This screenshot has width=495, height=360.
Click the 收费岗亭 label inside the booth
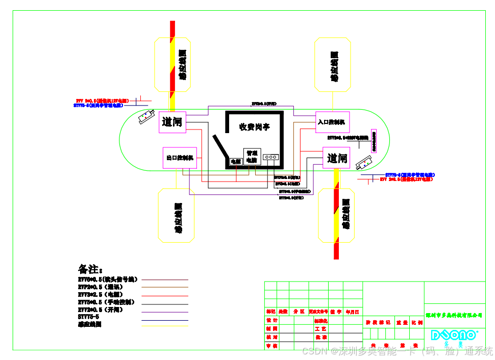pyautogui.click(x=255, y=127)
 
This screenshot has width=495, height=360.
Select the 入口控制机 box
pyautogui.click(x=332, y=122)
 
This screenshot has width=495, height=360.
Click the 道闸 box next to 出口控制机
pyautogui.click(x=172, y=122)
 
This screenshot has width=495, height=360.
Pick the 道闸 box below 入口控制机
pyautogui.click(x=337, y=158)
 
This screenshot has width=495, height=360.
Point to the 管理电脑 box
pyautogui.click(x=252, y=156)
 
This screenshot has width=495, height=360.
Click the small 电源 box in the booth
pyautogui.click(x=235, y=161)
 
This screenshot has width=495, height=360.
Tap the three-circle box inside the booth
pyautogui.click(x=270, y=157)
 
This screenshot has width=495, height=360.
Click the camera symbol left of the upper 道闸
pyautogui.click(x=146, y=117)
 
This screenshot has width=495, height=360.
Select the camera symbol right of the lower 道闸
pyautogui.click(x=364, y=162)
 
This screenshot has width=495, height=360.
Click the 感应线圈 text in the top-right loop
pyautogui.click(x=334, y=66)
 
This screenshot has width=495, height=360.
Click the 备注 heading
pyautogui.click(x=90, y=269)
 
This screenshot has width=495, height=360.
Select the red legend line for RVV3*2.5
pyautogui.click(x=164, y=295)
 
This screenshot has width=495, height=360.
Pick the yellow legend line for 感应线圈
pyautogui.click(x=164, y=325)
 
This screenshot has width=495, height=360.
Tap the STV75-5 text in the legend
pyautogui.click(x=88, y=317)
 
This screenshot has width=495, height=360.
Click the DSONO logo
pyautogui.click(x=455, y=335)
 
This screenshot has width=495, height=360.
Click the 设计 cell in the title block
pyautogui.click(x=271, y=320)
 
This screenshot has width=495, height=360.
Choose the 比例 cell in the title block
pyautogui.click(x=417, y=323)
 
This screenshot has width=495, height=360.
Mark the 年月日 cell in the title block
pyautogui.click(x=352, y=311)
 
